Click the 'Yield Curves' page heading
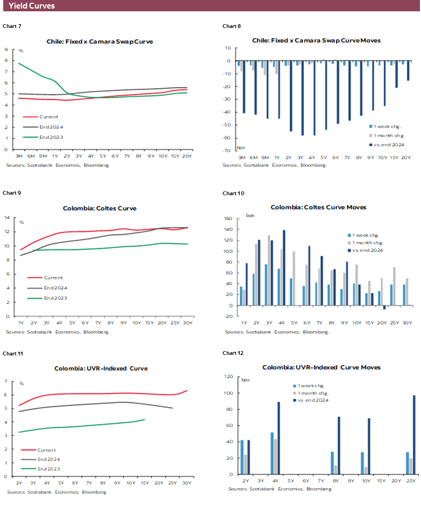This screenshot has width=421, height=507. [x=32, y=6]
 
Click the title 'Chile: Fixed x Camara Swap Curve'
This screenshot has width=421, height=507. [x=100, y=41]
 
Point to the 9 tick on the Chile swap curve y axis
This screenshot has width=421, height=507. [x=5, y=49]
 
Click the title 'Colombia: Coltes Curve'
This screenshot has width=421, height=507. [x=99, y=208]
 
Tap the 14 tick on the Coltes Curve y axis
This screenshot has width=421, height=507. [x=7, y=218]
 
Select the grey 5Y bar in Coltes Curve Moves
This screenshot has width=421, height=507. [x=294, y=279]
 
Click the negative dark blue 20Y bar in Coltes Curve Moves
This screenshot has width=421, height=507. [x=384, y=308]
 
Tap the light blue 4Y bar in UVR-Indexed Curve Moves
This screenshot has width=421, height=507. [x=272, y=454]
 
